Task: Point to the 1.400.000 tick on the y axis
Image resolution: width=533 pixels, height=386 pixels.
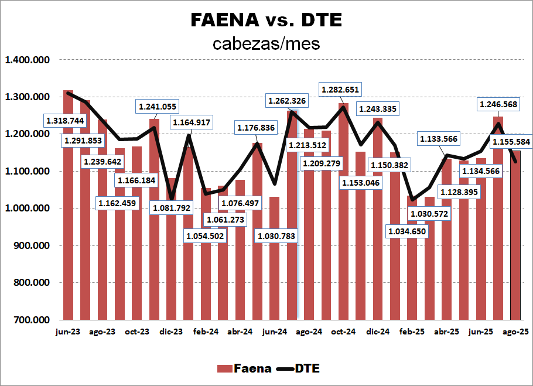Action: coord(28,60)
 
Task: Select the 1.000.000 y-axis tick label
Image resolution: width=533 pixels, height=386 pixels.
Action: coord(28,209)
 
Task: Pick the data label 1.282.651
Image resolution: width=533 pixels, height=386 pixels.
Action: coord(340,90)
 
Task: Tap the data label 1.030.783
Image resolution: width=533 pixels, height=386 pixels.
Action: coord(276,236)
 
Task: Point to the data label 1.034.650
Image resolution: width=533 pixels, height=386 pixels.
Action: coord(408,231)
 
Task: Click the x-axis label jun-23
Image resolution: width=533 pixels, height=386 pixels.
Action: coord(68,332)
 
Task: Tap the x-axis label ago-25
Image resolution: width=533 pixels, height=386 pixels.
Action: coord(516,332)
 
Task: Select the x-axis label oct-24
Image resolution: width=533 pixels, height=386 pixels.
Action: coord(343,332)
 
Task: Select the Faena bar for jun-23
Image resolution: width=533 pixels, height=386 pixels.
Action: coord(69,234)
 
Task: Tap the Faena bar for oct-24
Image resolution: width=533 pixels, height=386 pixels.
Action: coord(343,234)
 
